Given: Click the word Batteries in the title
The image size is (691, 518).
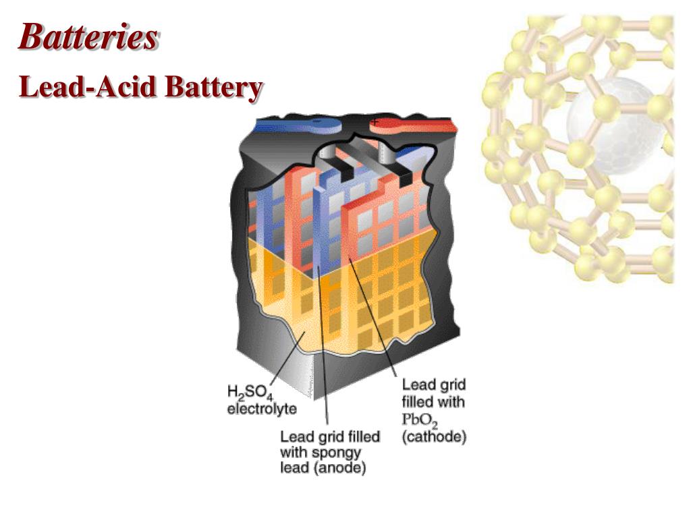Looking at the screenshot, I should (88, 37).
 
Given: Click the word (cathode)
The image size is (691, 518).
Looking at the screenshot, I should (434, 436).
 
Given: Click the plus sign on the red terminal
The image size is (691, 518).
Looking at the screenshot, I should (375, 121).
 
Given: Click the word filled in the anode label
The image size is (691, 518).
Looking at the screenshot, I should (360, 436).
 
